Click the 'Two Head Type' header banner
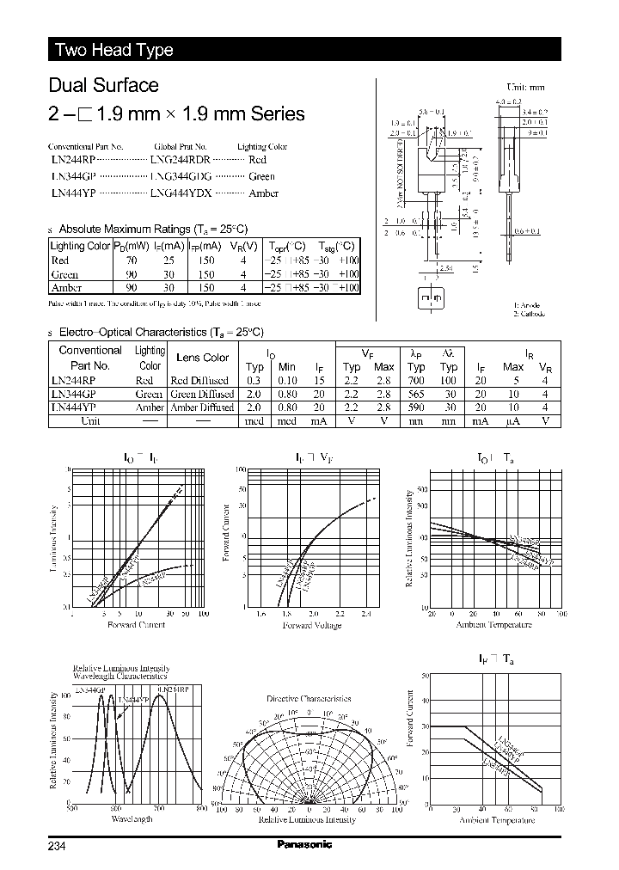tap(114, 50)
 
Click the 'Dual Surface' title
tap(103, 85)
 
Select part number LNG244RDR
tap(181, 160)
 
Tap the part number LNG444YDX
tap(181, 193)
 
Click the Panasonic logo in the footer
tap(304, 844)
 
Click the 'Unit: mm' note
tap(526, 87)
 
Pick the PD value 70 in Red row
tap(132, 260)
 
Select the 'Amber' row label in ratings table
tap(66, 288)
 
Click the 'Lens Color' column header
tap(202, 357)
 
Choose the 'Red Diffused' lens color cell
tap(199, 380)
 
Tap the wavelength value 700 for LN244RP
tap(416, 380)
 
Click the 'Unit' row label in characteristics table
tap(90, 421)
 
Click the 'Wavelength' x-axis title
tap(132, 819)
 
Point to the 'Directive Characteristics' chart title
tap(309, 699)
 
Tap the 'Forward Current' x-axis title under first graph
tap(136, 624)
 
